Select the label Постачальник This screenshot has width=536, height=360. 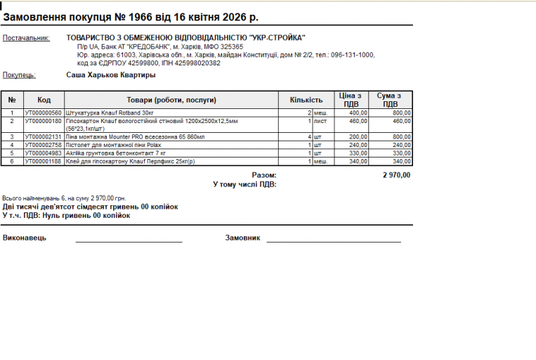tap(26, 38)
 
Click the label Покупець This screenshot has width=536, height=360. tap(19, 75)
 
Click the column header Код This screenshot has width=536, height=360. tap(44, 100)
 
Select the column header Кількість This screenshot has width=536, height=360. tap(306, 100)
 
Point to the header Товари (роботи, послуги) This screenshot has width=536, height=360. tap(171, 100)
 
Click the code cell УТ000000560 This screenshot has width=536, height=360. tap(44, 112)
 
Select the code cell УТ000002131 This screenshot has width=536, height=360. tap(44, 136)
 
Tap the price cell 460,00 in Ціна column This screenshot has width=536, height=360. tap(358, 121)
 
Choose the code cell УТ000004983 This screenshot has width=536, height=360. tap(44, 153)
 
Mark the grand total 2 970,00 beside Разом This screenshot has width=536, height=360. tap(396, 175)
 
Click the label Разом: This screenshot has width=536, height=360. tap(264, 175)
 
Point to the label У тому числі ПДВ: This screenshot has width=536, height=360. tap(244, 184)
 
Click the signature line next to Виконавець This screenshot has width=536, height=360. tap(129, 240)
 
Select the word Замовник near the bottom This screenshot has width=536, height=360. tap(242, 238)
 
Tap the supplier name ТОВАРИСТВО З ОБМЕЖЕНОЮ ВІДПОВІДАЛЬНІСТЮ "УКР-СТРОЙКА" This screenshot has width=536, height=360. tap(185, 38)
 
